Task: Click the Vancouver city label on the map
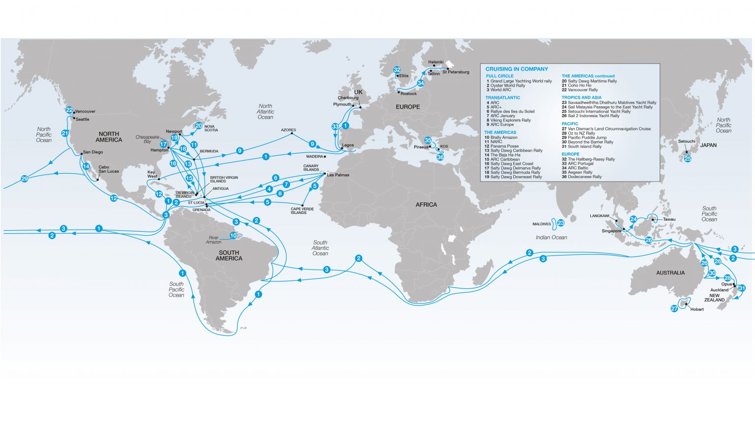(x=85, y=112)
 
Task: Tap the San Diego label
(x=93, y=152)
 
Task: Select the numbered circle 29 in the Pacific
(x=25, y=179)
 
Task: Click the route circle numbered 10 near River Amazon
(x=233, y=236)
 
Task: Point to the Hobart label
(x=697, y=309)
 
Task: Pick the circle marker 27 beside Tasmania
(x=674, y=308)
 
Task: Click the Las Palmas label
(x=338, y=175)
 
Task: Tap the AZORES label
(x=289, y=130)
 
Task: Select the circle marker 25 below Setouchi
(x=688, y=158)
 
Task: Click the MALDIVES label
(x=542, y=224)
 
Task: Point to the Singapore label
(x=611, y=231)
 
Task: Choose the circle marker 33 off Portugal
(x=335, y=126)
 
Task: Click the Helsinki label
(x=436, y=62)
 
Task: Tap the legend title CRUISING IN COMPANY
(x=517, y=69)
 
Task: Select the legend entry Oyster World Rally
(x=508, y=86)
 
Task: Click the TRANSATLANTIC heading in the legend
(x=502, y=98)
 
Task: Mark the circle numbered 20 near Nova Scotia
(x=199, y=125)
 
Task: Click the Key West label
(x=152, y=174)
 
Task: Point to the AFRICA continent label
(x=426, y=205)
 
